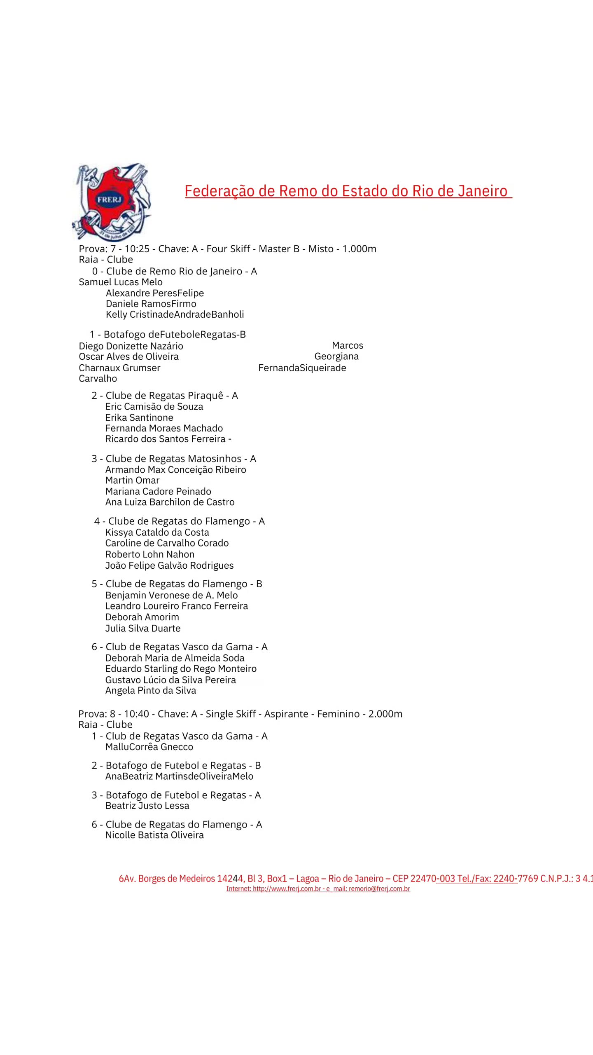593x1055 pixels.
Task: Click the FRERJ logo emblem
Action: click(x=111, y=202)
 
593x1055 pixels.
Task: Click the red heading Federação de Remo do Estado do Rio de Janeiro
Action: click(x=348, y=191)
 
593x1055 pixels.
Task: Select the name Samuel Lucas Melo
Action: click(x=121, y=282)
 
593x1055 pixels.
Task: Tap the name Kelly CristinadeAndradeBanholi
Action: click(x=175, y=314)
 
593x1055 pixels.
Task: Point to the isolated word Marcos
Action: click(x=348, y=345)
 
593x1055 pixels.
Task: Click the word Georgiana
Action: click(x=336, y=356)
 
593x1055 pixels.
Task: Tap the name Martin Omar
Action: click(x=132, y=480)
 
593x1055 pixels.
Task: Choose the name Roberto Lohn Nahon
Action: click(x=150, y=554)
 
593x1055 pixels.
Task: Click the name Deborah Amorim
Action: click(x=142, y=617)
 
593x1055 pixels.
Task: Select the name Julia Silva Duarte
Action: click(x=143, y=628)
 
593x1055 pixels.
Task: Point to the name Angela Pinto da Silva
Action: click(x=151, y=690)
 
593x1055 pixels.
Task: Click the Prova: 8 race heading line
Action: click(x=240, y=714)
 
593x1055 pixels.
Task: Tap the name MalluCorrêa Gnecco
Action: click(x=149, y=747)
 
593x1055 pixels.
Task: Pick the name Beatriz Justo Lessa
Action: click(x=147, y=806)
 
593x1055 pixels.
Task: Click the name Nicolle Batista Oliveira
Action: click(x=154, y=835)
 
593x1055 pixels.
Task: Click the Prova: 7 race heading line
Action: click(x=227, y=249)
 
